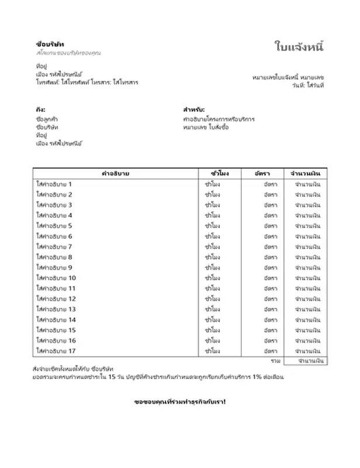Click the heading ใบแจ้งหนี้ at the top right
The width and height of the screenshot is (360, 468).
click(299, 47)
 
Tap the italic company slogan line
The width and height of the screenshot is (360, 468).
click(68, 53)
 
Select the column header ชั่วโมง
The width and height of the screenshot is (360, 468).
click(212, 174)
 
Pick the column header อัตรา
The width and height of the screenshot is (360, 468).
click(262, 174)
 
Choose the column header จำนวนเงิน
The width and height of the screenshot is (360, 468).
click(304, 174)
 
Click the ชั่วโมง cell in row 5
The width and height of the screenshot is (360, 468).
click(212, 226)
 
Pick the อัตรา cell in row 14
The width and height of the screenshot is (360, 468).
click(270, 320)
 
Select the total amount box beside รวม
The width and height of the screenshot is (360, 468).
click(310, 362)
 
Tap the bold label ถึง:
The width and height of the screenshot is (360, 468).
click(40, 109)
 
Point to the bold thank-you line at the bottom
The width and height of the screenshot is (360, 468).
click(179, 402)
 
